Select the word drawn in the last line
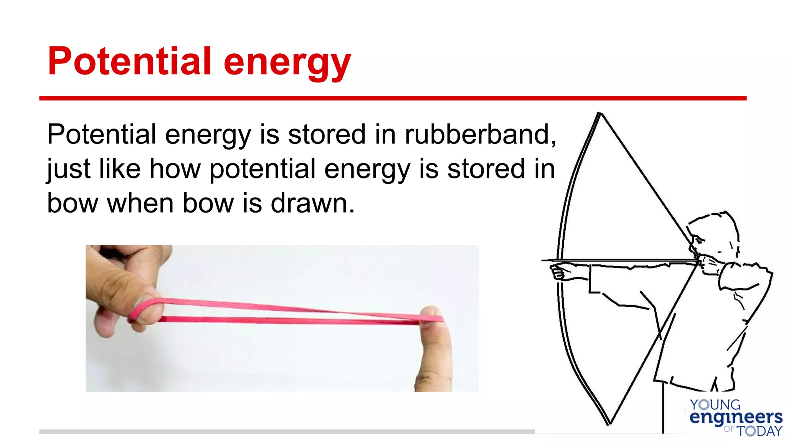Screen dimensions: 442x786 (x=312, y=203)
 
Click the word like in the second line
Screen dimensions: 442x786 (x=119, y=168)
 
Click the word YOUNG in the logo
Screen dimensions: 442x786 (x=715, y=405)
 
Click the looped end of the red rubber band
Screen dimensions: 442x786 (x=142, y=309)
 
